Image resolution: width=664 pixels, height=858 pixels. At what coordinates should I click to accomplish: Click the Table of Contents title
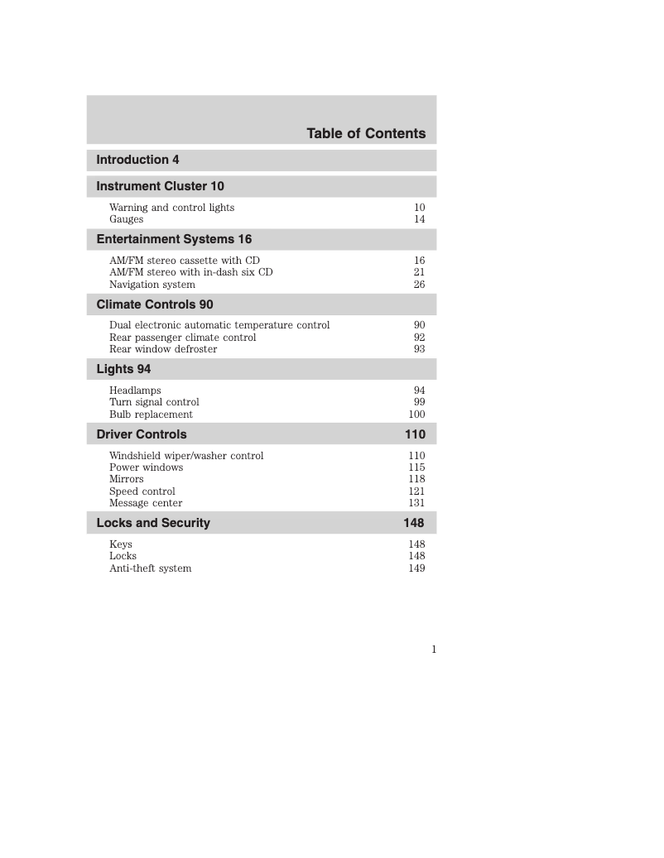coord(366,133)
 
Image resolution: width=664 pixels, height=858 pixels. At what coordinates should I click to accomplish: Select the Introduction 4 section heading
coord(137,160)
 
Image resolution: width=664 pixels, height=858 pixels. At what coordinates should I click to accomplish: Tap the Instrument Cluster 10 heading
coord(160,186)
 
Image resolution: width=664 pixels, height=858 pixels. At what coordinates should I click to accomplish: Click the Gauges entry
coord(126,219)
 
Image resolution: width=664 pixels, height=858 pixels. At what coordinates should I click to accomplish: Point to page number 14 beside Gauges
coord(419,219)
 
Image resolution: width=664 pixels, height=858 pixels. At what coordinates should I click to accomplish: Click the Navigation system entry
coord(152,285)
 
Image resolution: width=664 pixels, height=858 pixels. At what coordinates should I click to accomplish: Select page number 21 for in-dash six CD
coord(419,272)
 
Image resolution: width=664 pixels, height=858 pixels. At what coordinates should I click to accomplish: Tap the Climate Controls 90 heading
coord(155,304)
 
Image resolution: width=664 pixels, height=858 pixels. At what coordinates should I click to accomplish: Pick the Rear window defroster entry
coord(163,349)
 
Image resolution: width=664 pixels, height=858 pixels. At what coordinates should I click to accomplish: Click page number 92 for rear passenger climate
coord(419,338)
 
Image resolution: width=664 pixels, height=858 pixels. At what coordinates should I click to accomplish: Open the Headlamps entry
coord(135,391)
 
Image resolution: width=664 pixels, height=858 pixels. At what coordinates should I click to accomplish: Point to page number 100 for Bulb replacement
coord(416,415)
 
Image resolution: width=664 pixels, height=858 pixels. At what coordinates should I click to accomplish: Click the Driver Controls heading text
coord(142,434)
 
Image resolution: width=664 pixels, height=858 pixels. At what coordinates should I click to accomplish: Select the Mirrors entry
coord(126,479)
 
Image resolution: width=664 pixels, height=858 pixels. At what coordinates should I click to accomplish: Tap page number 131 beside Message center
coord(416,503)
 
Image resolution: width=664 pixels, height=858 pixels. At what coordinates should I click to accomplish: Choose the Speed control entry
coord(142,491)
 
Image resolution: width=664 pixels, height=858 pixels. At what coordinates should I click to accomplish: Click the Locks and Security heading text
coord(153,523)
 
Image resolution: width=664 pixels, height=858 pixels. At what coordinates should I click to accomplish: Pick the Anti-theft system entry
coord(150,568)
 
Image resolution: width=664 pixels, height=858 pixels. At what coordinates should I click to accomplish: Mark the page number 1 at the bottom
coord(433,649)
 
